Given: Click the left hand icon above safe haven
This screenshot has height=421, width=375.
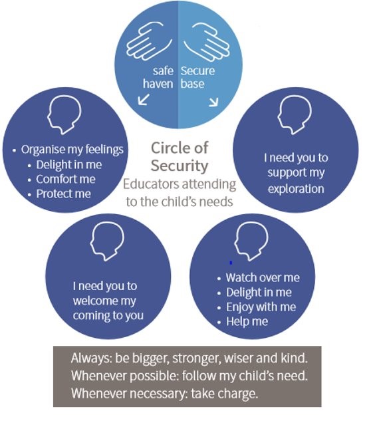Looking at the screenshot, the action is pos(148,41).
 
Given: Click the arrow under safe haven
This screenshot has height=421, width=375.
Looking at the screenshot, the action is pos(144,99).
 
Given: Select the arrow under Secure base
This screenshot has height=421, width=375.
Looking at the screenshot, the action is pos(213,102).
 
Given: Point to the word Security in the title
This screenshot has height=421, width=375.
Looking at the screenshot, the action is pos(180,166).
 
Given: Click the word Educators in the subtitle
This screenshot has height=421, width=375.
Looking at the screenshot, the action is pos(151,184).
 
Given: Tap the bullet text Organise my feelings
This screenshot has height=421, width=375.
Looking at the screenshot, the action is pos(72,150).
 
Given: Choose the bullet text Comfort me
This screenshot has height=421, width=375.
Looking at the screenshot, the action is pos(66,180).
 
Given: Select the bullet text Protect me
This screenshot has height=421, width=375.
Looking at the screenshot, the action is pos(63,194).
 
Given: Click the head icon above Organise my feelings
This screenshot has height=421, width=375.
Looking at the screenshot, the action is pos(64,114).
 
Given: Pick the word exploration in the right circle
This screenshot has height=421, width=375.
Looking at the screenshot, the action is pos(296,189).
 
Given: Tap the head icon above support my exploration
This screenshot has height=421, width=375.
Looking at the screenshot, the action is pos(295,114).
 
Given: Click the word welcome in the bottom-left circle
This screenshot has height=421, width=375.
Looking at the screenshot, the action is pos(91,301).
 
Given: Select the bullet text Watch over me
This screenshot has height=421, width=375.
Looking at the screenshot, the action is pos(263,277).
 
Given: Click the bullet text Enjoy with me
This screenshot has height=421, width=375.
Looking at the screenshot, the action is pos(261,307).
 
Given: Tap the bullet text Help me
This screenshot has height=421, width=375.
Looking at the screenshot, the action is pos(247,322).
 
